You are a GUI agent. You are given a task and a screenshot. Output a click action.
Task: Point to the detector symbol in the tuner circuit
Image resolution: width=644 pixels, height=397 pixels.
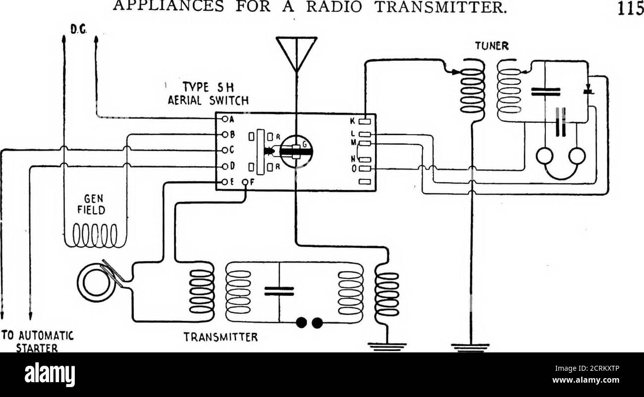588,91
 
